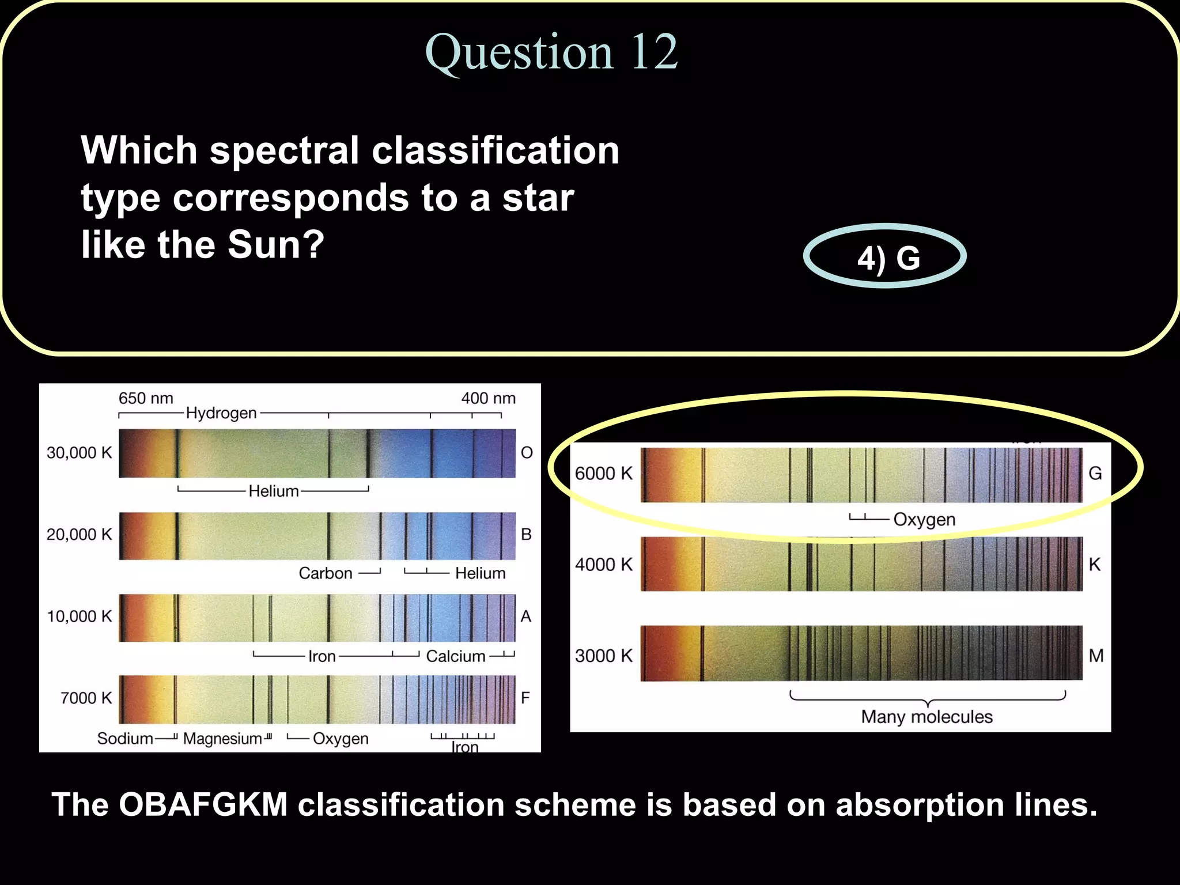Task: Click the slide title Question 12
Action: (x=551, y=53)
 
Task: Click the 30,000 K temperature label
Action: (x=80, y=453)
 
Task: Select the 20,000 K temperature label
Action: (x=80, y=535)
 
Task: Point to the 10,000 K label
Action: (x=80, y=617)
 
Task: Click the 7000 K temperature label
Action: (x=86, y=698)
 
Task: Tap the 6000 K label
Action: (x=604, y=474)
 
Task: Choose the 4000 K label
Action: (x=604, y=565)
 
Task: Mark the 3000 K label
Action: (x=604, y=656)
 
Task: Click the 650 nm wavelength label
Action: (x=146, y=398)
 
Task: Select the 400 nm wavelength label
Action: (x=488, y=398)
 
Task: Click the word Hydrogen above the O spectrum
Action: (x=221, y=413)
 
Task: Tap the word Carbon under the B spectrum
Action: (x=326, y=573)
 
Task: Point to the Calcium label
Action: (x=456, y=656)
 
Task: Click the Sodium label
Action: (x=125, y=739)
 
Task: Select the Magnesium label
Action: (x=222, y=739)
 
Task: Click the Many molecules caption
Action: (x=926, y=717)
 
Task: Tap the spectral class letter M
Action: (x=1096, y=656)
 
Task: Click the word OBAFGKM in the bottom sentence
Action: (x=203, y=804)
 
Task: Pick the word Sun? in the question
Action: (x=276, y=245)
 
